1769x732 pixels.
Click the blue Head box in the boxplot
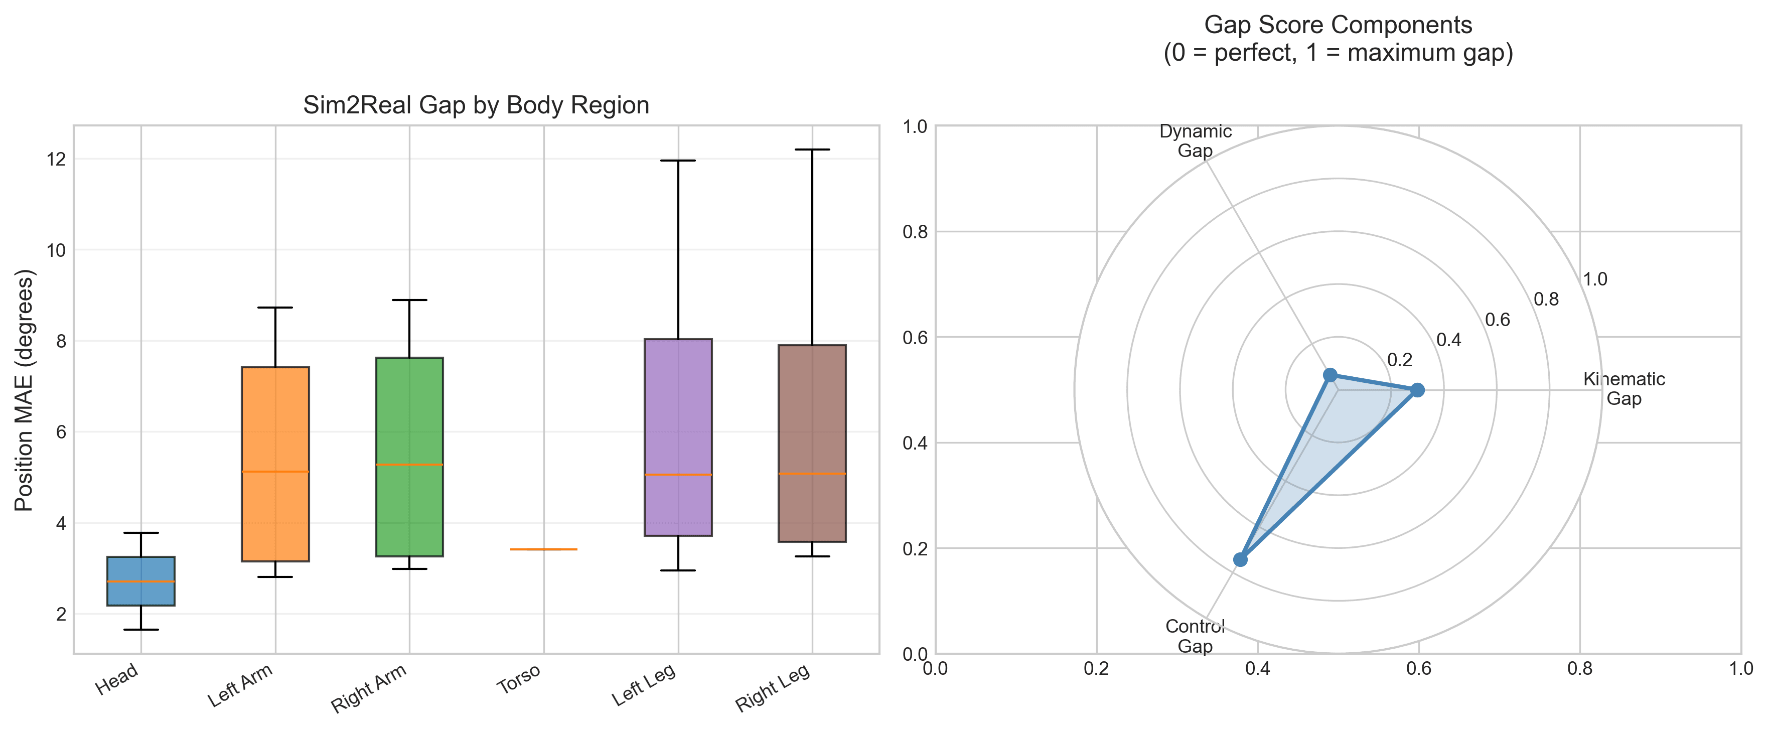(x=141, y=581)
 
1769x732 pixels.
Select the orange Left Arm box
(x=275, y=464)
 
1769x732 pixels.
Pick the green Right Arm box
(x=409, y=457)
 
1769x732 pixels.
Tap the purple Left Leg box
(x=678, y=437)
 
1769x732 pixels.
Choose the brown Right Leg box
(x=812, y=443)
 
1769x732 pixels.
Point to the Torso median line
(x=544, y=549)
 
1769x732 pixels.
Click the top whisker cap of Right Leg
(x=812, y=149)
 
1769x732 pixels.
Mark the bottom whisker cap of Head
(x=141, y=630)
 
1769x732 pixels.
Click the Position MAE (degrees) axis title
(x=24, y=390)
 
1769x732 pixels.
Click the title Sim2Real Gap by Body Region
(x=476, y=105)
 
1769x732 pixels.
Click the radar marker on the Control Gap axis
(x=1240, y=559)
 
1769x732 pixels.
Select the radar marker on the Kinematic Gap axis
(x=1417, y=390)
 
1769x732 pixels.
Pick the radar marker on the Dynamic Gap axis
(x=1330, y=375)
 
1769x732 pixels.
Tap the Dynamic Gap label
(x=1195, y=141)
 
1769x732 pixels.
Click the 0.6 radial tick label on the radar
(x=1497, y=320)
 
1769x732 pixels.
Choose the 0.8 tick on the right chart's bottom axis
(x=1579, y=668)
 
